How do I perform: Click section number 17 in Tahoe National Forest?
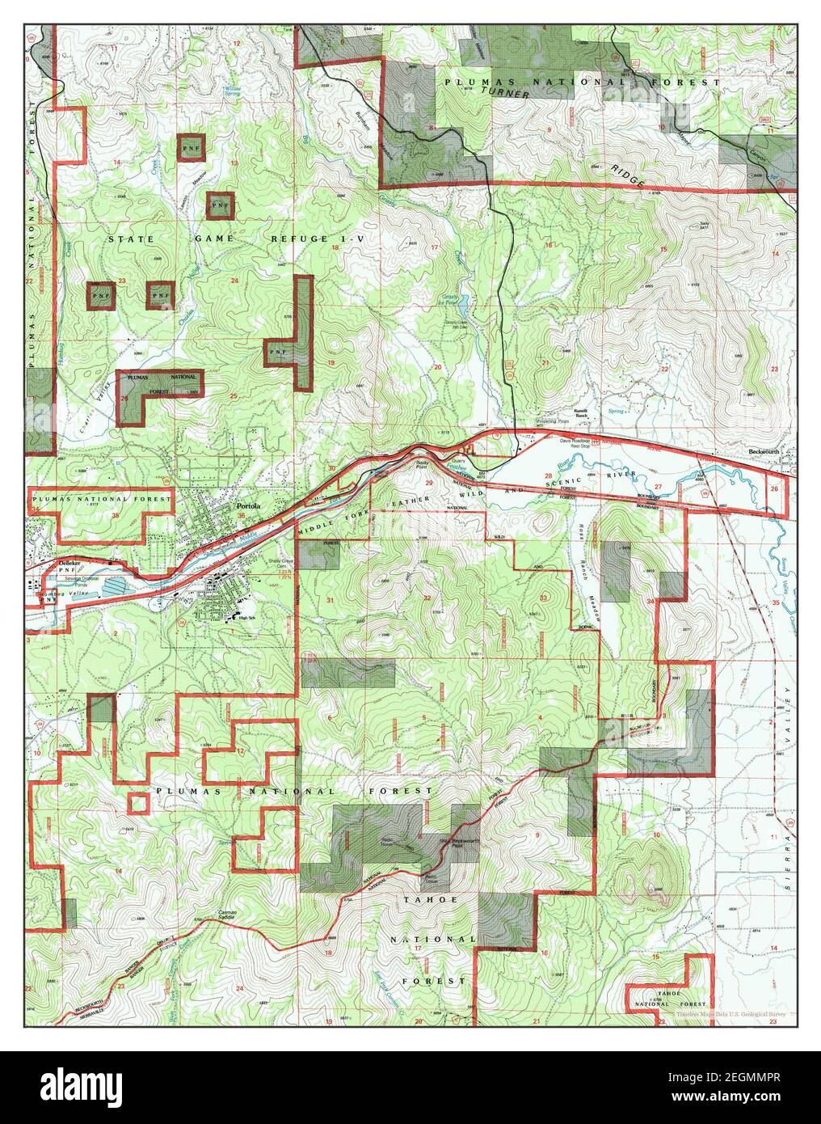click(418, 947)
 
